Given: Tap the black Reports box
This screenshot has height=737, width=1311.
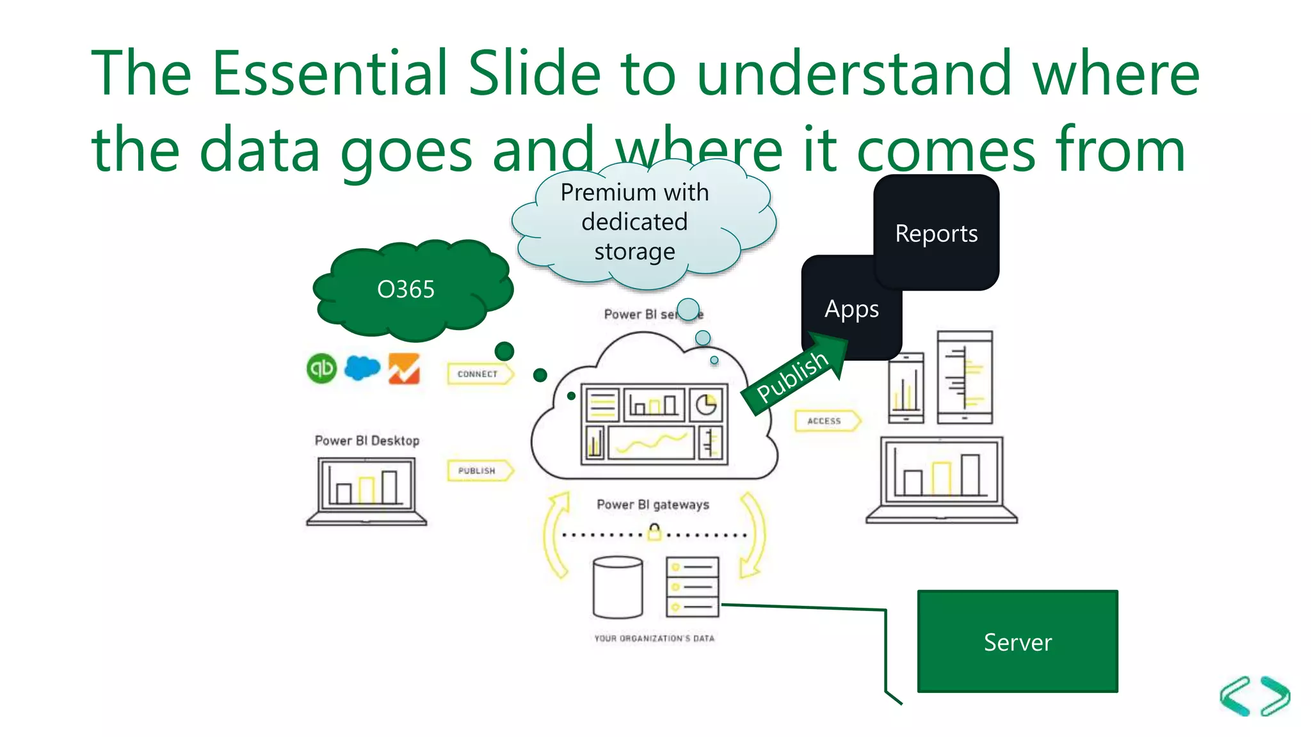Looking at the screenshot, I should click(x=936, y=233).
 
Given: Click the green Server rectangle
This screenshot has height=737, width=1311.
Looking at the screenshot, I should click(x=1017, y=642).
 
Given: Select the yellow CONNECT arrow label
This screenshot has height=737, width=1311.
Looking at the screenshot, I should click(x=479, y=374).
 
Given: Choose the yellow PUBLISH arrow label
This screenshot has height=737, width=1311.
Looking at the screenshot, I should click(x=478, y=471).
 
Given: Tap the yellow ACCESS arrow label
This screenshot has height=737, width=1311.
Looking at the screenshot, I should click(x=826, y=421).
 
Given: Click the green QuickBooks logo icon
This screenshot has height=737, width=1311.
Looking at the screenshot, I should click(x=321, y=368).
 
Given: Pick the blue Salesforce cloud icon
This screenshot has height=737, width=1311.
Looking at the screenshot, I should click(x=362, y=367).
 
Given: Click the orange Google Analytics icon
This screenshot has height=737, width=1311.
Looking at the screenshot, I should click(x=404, y=369).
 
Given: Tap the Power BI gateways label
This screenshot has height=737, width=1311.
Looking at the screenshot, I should click(x=653, y=505).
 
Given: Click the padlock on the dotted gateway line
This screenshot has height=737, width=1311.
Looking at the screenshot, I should click(x=654, y=532).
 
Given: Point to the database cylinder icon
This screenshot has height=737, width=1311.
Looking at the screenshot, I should click(x=618, y=587).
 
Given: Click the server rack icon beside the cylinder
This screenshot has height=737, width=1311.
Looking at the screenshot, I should click(x=692, y=587).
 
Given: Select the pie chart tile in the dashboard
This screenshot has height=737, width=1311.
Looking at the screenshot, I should click(x=707, y=405).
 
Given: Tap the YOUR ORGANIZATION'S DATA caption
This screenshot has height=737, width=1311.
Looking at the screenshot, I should click(x=654, y=638).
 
